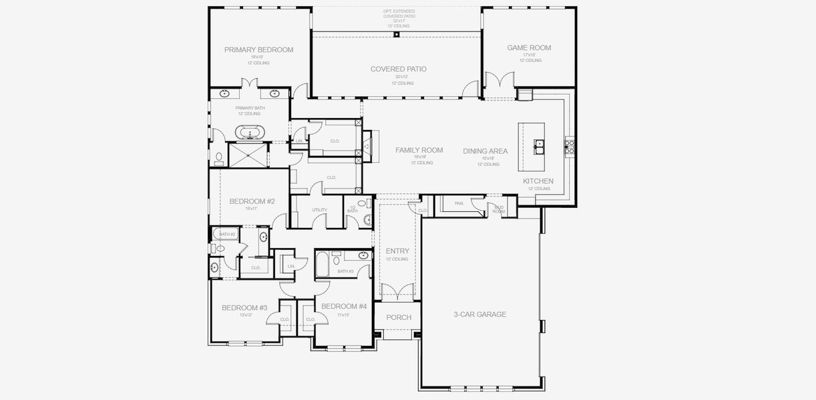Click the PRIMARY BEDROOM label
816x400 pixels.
pos(258,50)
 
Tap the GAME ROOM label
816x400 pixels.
pos(529,48)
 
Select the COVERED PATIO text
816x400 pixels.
pos(399,69)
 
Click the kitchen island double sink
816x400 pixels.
pos(538,144)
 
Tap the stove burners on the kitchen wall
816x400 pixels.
pos(570,146)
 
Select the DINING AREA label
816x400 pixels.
pos(485,151)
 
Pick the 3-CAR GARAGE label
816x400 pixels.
pos(479,315)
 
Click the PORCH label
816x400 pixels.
pos(399,317)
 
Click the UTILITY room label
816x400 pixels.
pos(319,210)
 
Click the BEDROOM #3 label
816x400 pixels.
pos(244,308)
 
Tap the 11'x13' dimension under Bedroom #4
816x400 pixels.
pos(343,315)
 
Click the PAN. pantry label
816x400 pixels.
pos(459,203)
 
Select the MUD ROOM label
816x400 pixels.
pos(499,209)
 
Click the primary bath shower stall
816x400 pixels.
pos(247,154)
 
